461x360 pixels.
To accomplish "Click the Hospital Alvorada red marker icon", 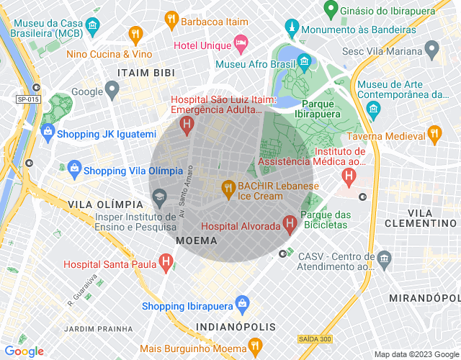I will click(290, 224).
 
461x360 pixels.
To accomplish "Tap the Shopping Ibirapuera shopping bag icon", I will click(243, 302).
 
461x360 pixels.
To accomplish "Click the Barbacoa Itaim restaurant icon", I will click(171, 19).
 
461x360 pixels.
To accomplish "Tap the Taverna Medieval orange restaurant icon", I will click(434, 133).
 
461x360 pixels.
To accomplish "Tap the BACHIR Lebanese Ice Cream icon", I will click(228, 188).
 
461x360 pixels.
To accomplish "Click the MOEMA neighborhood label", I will click(197, 240).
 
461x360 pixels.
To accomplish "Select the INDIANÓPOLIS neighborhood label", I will click(236, 327).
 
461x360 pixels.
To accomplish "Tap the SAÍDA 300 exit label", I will click(315, 338).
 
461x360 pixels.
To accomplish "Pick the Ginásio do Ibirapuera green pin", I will click(331, 10).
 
